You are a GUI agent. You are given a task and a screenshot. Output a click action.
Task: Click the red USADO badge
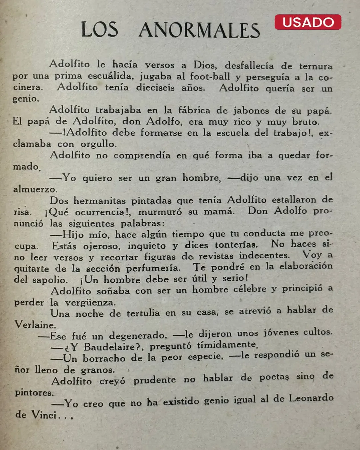pyautogui.click(x=308, y=22)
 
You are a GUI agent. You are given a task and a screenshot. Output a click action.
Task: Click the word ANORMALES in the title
pyautogui.click(x=199, y=30)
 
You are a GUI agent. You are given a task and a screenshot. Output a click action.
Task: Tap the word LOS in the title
pyautogui.click(x=99, y=29)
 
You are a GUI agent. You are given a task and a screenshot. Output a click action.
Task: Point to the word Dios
pyautogui.click(x=205, y=65)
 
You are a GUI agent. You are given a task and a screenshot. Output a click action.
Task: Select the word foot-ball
pyautogui.click(x=210, y=76)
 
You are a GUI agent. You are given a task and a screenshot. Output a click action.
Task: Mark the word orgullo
pyautogui.click(x=98, y=144)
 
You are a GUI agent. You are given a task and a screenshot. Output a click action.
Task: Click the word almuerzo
pyautogui.click(x=35, y=189)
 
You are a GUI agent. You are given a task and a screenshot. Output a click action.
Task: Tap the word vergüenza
pyautogui.click(x=90, y=303)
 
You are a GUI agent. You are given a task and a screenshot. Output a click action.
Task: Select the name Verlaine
pyautogui.click(x=35, y=325)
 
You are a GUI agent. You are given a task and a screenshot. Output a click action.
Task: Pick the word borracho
pyautogui.click(x=104, y=358)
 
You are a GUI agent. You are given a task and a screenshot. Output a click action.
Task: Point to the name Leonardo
pyautogui.click(x=311, y=398)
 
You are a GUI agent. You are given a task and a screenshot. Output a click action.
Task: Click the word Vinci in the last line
pyautogui.click(x=44, y=415)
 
